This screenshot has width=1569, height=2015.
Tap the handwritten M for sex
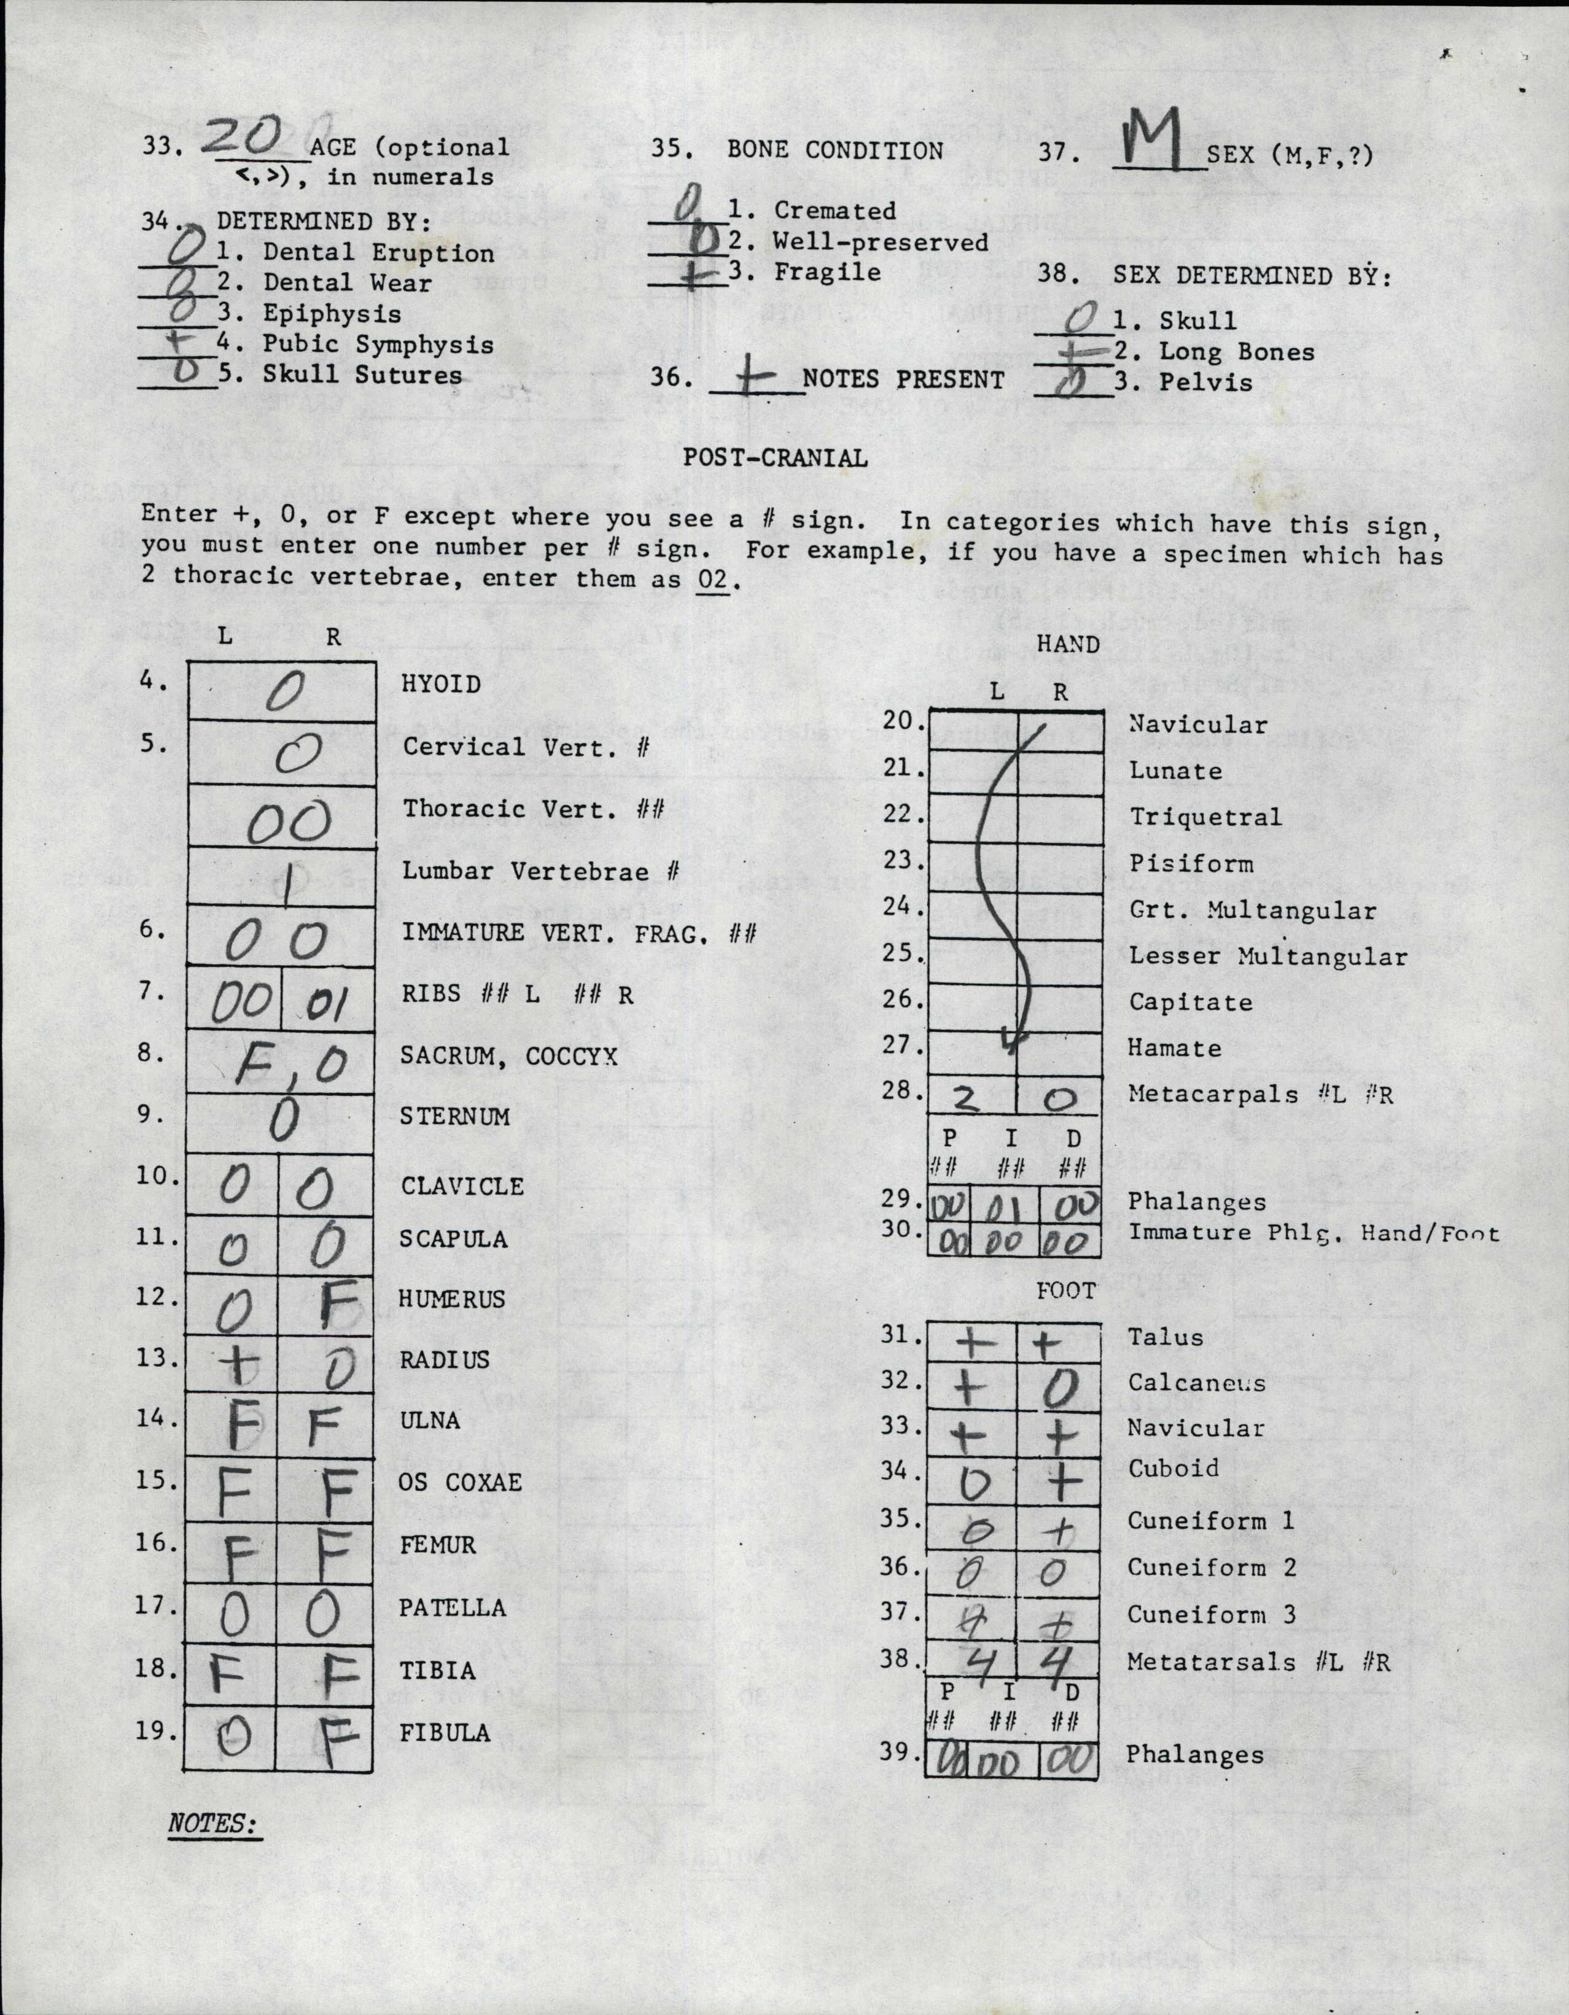click(1156, 141)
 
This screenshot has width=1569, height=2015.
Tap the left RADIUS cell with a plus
click(235, 1363)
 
